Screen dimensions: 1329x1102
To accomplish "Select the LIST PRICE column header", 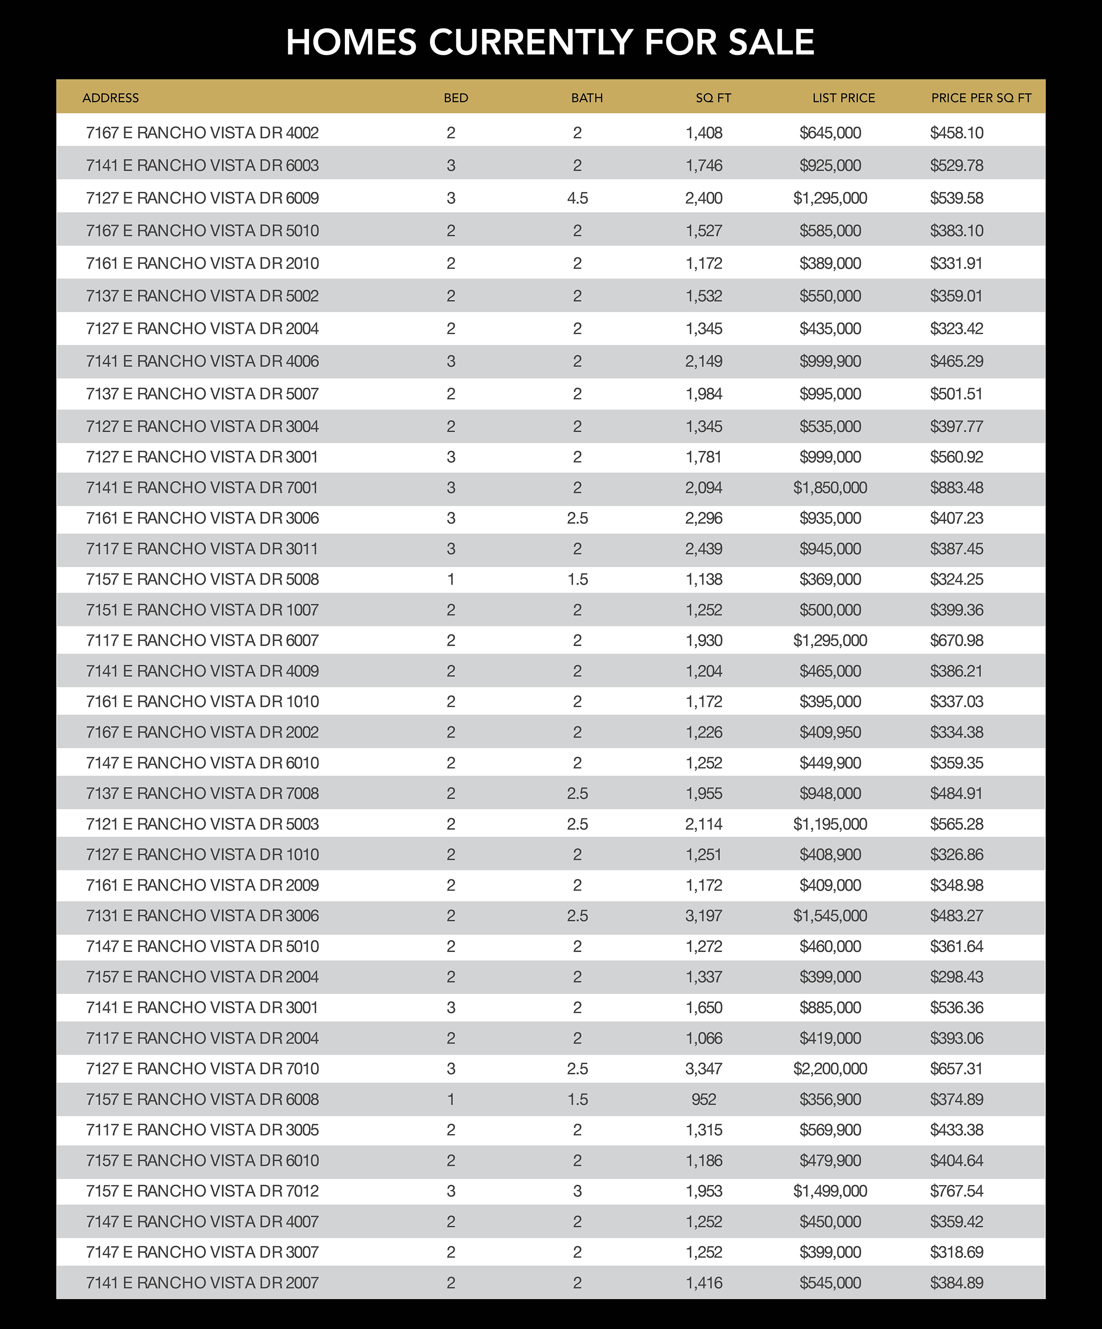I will pyautogui.click(x=843, y=98).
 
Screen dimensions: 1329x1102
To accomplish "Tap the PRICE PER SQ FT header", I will pyautogui.click(x=981, y=98).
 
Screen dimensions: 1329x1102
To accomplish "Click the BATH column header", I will pyautogui.click(x=587, y=98).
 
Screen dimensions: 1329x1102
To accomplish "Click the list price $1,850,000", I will pyautogui.click(x=830, y=488).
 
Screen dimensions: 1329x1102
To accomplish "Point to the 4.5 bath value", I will pyautogui.click(x=577, y=198).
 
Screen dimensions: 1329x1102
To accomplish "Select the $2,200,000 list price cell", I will pyautogui.click(x=830, y=1069).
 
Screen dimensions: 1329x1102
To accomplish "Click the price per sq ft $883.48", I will pyautogui.click(x=956, y=488).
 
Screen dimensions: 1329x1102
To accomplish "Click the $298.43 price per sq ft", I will pyautogui.click(x=956, y=977).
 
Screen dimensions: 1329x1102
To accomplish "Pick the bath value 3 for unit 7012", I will pyautogui.click(x=577, y=1191).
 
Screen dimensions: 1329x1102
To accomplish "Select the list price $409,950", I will pyautogui.click(x=830, y=732).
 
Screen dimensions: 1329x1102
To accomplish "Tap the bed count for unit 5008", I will pyautogui.click(x=451, y=580).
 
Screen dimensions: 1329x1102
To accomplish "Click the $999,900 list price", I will pyautogui.click(x=830, y=361).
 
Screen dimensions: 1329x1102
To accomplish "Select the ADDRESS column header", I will pyautogui.click(x=110, y=98).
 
